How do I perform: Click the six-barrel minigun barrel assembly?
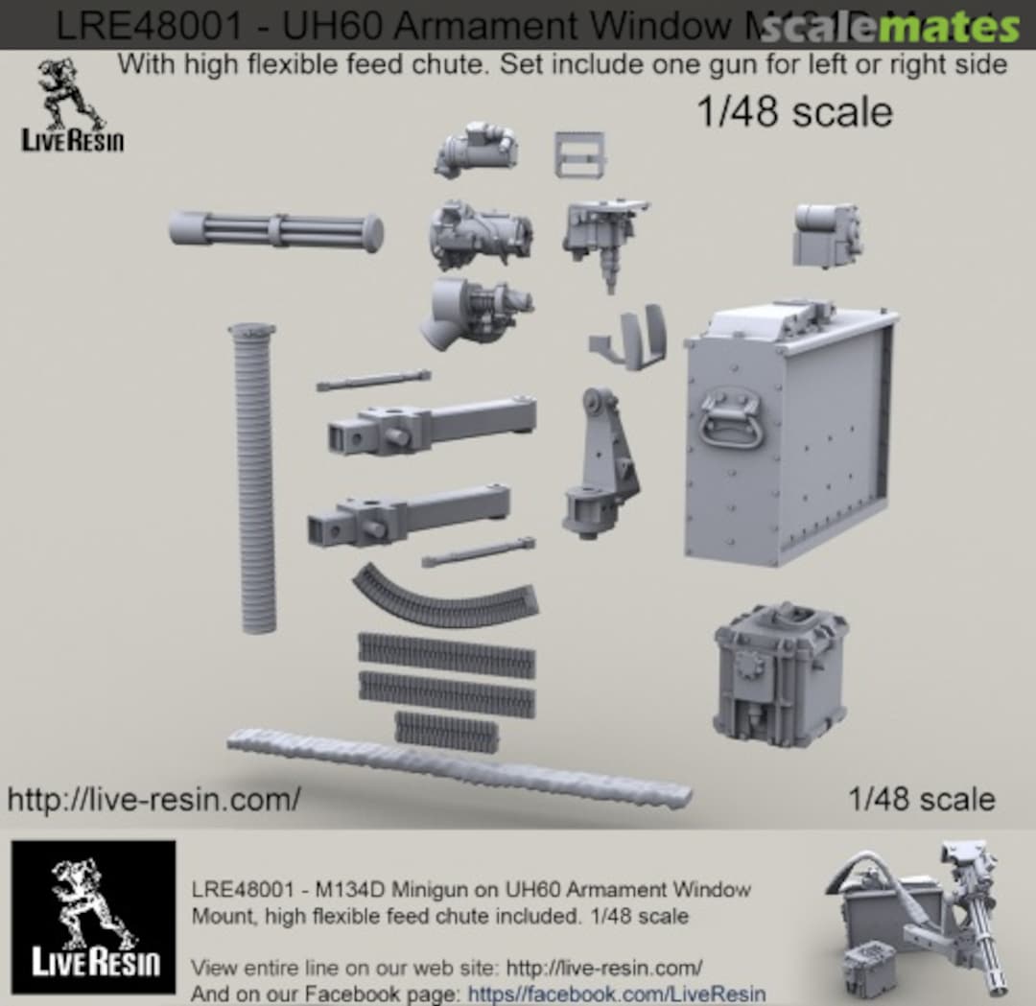click(x=276, y=230)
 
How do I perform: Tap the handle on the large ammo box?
click(x=730, y=417)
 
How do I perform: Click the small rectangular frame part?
click(x=578, y=153)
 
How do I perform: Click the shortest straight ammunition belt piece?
click(x=447, y=731)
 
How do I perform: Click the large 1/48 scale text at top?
click(x=793, y=112)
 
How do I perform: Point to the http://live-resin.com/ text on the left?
click(x=153, y=798)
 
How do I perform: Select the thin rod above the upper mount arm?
click(x=373, y=380)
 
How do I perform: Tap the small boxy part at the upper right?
click(x=826, y=234)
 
